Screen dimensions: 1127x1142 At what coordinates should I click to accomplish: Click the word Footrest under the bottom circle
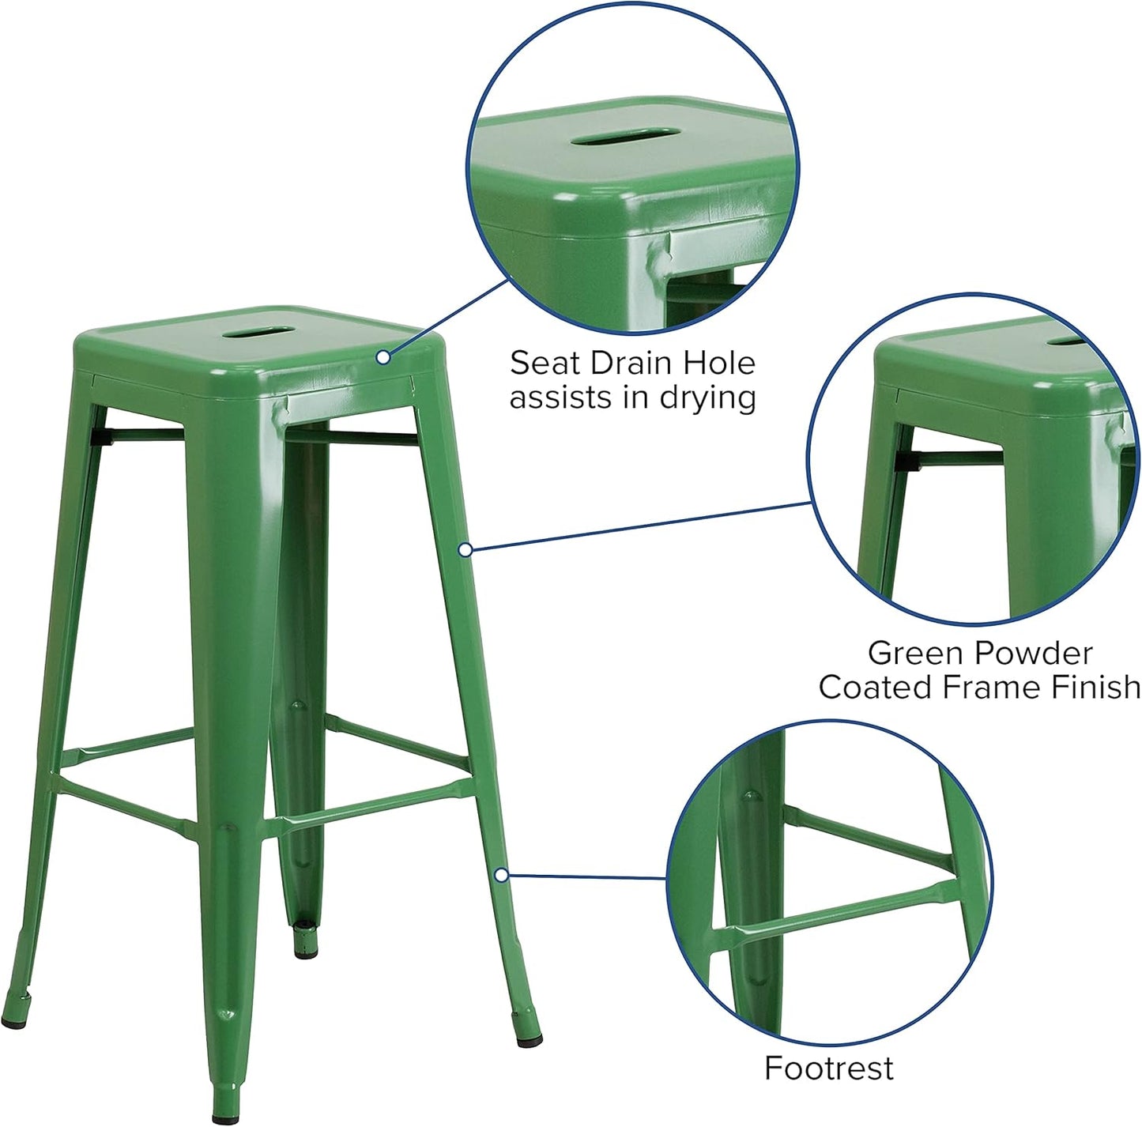pos(828,1069)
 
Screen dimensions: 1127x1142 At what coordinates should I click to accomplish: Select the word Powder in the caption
pos(1035,654)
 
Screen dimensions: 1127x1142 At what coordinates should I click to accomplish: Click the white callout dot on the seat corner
pos(383,357)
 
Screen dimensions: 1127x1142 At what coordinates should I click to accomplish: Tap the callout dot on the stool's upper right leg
pos(465,549)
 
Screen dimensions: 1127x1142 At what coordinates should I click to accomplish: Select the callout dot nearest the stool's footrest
pos(500,875)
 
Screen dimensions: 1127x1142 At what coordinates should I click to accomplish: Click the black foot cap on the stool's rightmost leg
pos(527,1031)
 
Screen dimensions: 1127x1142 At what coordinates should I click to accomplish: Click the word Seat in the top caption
pos(540,364)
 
